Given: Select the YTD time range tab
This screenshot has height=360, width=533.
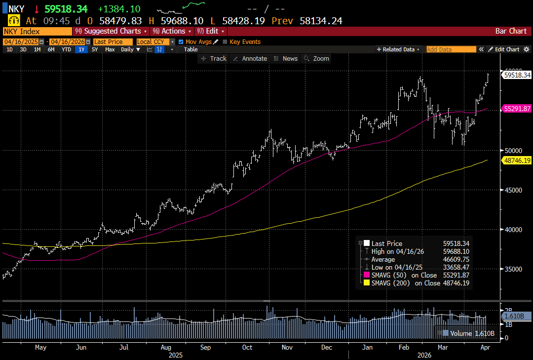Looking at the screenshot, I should [67, 49].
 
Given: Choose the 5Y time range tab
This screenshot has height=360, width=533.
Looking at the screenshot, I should [94, 49].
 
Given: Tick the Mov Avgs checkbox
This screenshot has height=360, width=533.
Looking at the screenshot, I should [181, 42].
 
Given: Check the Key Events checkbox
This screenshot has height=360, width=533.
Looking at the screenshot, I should [226, 42].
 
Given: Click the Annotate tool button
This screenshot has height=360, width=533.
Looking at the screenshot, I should [250, 58].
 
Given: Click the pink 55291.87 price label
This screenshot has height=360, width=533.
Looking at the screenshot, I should [517, 109].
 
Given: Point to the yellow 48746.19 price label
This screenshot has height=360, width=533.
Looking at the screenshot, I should [517, 160].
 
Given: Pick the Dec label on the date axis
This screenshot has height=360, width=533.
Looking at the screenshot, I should [327, 348].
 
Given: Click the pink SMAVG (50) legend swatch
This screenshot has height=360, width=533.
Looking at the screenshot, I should [366, 275].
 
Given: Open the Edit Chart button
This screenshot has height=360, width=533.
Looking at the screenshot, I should [504, 49].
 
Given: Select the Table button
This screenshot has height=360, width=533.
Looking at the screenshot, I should [190, 49].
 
